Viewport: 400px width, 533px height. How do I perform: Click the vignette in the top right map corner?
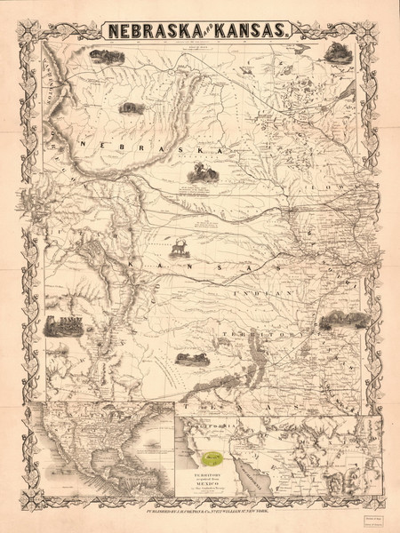click(338, 52)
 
